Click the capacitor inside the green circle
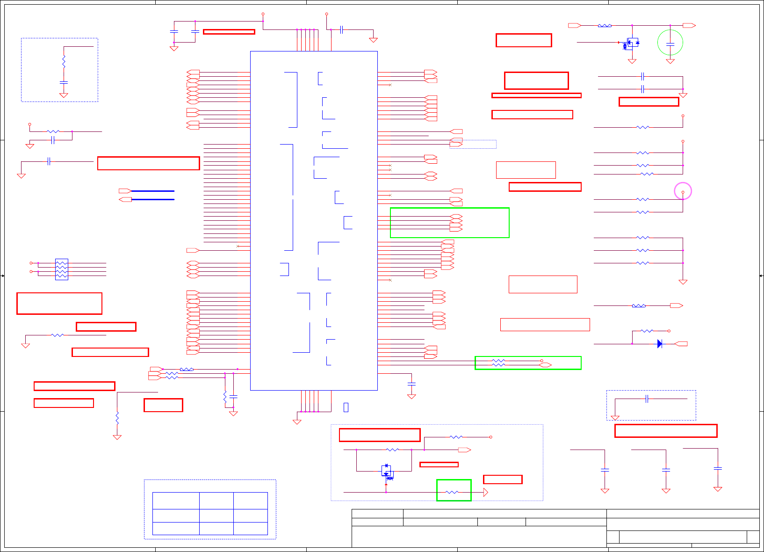(x=670, y=44)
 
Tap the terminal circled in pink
(x=683, y=192)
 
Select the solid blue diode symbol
(x=659, y=344)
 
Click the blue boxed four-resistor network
(x=61, y=269)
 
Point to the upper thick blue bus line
(x=153, y=191)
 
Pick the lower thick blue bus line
(x=153, y=199)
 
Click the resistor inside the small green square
(x=452, y=492)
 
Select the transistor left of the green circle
(x=631, y=43)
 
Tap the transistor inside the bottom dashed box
(x=387, y=471)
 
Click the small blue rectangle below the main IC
(x=346, y=407)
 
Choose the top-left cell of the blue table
(x=176, y=501)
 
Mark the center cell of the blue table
(x=216, y=516)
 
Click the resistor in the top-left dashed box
(x=64, y=62)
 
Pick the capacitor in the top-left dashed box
(x=64, y=82)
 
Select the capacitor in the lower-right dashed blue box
(x=647, y=399)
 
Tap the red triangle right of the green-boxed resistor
(x=486, y=492)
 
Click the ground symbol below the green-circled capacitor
(x=670, y=61)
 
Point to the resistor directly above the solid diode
(x=647, y=331)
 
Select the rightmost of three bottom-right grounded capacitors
(x=718, y=468)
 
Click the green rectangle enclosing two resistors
(x=528, y=363)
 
